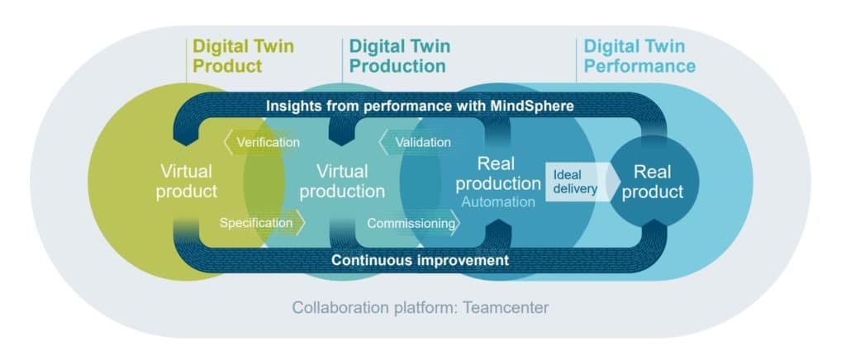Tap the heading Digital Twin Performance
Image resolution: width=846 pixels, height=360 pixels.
[x=639, y=55]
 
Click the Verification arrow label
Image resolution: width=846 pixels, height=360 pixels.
[x=266, y=143]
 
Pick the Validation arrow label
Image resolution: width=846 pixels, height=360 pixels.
[x=421, y=143]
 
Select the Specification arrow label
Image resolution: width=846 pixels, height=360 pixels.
[x=258, y=222]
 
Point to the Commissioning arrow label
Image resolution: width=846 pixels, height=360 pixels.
[x=411, y=223]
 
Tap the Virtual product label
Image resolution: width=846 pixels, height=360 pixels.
[x=188, y=182]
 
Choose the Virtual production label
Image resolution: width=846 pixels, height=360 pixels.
[x=342, y=182]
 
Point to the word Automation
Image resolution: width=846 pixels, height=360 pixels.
[x=498, y=201]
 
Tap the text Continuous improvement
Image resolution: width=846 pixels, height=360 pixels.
[x=420, y=260]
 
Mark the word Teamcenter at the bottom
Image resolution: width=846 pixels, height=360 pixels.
[x=505, y=308]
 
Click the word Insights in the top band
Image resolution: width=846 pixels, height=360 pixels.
[x=295, y=107]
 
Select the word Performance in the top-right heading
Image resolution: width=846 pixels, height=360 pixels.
[x=639, y=65]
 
